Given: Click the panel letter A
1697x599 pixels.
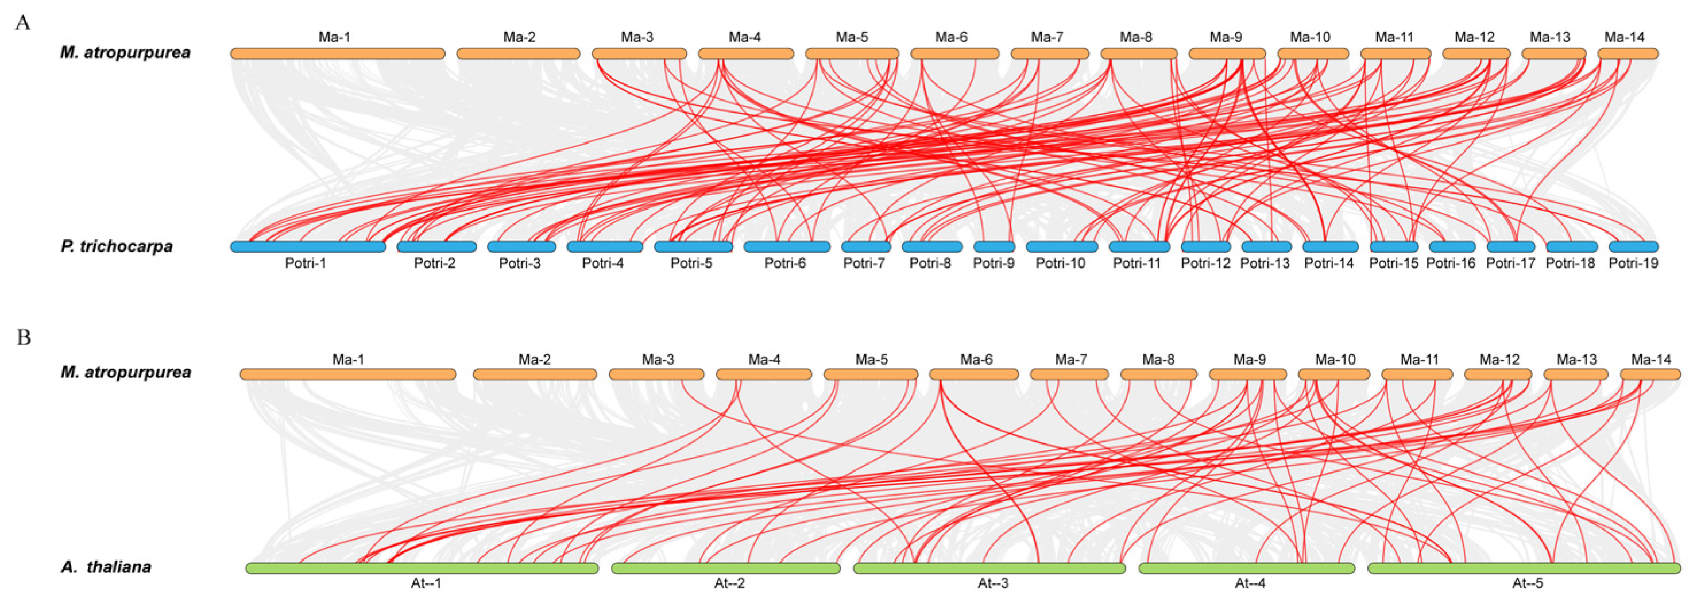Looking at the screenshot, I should coord(23,23).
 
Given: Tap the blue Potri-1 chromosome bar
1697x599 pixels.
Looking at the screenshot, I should coord(308,247).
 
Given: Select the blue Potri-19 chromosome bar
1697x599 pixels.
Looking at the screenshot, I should coord(1633,247).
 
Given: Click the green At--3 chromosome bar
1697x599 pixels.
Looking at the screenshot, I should coord(989,568).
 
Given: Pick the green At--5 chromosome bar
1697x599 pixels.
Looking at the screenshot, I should coord(1524,568).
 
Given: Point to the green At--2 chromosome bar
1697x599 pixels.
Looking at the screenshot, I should coord(725,568).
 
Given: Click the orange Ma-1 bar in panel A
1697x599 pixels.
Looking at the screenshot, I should coord(337,53).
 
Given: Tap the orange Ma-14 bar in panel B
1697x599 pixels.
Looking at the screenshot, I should coord(1650,374).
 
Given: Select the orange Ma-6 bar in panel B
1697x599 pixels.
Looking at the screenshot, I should coord(973,374).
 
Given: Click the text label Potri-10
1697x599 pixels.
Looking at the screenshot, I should coord(1061,264).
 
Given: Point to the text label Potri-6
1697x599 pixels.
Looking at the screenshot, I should coord(784,264).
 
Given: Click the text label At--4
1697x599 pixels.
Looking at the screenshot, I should coord(1250,583).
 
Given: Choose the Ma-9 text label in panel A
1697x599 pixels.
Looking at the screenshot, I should coord(1226,37).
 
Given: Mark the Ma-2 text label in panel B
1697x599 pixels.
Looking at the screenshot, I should coord(534,359).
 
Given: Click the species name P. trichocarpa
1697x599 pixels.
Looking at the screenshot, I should coord(117,246).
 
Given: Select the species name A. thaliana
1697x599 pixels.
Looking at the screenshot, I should coord(106,567).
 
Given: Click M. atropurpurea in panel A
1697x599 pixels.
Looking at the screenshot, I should coord(125,52).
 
